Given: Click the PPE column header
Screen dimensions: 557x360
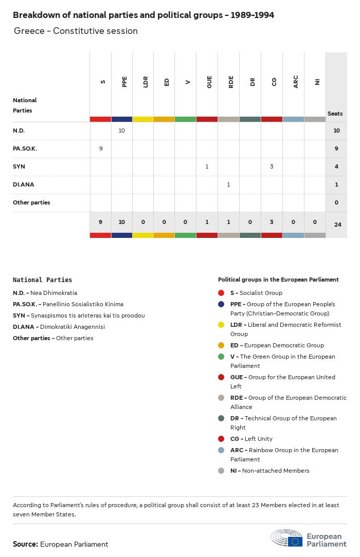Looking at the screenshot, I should [x=124, y=82].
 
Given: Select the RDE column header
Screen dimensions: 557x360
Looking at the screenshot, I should [x=231, y=82].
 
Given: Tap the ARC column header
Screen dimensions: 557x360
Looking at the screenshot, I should [x=296, y=82].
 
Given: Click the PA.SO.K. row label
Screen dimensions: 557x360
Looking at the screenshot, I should [x=25, y=148].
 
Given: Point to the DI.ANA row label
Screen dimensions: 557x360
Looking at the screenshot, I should [x=24, y=184].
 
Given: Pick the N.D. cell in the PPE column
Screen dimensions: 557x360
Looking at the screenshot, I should [x=122, y=131].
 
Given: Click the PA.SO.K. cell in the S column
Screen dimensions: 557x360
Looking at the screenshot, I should [x=101, y=148].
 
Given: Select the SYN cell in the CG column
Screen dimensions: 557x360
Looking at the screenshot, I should [x=272, y=166].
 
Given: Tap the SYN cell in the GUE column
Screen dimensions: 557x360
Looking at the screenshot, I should [x=207, y=166].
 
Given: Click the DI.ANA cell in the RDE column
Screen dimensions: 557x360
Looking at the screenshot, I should [x=228, y=184].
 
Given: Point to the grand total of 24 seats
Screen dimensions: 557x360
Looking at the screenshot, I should [x=336, y=225].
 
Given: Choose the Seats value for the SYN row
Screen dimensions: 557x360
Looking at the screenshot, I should [x=336, y=166].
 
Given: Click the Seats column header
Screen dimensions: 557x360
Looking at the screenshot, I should [x=335, y=114].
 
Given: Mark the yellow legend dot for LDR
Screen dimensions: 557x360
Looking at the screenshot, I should [x=221, y=325].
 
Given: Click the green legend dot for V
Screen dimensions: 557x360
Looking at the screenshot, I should [x=221, y=357].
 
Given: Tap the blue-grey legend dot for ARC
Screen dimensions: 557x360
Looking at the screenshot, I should [x=221, y=450].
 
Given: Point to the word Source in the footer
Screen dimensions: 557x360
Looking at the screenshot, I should [x=25, y=544].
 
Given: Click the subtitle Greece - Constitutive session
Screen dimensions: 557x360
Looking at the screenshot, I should [x=76, y=31].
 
